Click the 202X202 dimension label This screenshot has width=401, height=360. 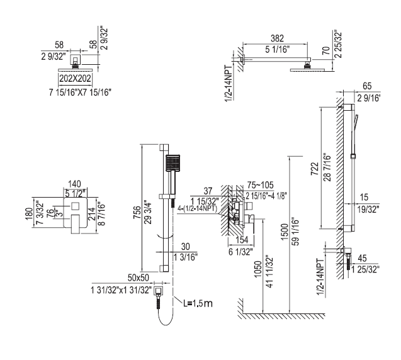click(x=75, y=79)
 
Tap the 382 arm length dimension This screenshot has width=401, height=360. click(x=277, y=38)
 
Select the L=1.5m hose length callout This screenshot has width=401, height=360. click(x=198, y=303)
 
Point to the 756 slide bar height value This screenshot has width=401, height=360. click(x=137, y=212)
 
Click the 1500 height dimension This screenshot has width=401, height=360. click(x=285, y=232)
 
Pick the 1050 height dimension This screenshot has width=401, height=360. click(x=258, y=269)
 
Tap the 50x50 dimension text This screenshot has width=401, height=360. click(x=138, y=278)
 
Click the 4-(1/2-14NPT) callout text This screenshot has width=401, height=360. click(x=197, y=209)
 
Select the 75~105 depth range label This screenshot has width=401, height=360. click(x=261, y=185)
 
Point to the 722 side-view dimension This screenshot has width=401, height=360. click(x=315, y=169)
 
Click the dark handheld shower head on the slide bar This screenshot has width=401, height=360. click(x=173, y=163)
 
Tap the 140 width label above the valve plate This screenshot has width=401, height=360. click(x=75, y=184)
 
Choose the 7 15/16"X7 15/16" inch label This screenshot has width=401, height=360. click(x=81, y=93)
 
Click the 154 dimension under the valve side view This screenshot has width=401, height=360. click(x=242, y=240)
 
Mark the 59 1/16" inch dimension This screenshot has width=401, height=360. click(x=296, y=232)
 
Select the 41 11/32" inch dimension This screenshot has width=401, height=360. click(x=270, y=271)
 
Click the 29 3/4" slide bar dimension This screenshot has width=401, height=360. click(x=148, y=213)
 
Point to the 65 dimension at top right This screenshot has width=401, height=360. click(x=367, y=86)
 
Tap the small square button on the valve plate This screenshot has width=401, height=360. click(x=75, y=206)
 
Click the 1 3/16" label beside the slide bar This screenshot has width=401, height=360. click(x=186, y=257)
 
